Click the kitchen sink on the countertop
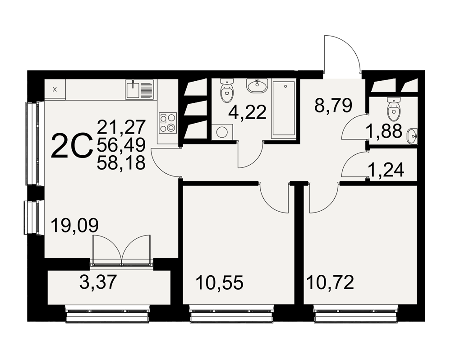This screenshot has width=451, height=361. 139,90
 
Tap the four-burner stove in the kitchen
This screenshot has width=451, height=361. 168,122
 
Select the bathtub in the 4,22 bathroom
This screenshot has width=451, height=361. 284,109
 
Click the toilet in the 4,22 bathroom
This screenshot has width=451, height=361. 227,90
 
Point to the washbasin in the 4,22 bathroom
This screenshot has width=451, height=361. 258,86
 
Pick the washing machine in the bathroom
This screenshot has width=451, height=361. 222,132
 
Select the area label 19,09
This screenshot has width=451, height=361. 75,225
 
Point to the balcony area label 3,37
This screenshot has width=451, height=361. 98,282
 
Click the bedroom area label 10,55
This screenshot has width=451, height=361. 220,282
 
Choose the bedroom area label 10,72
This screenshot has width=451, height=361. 330,282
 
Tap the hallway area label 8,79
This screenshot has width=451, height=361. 333,106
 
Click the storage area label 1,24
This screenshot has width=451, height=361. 386,170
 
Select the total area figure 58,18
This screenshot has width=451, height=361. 121,163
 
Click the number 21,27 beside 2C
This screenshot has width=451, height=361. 121,127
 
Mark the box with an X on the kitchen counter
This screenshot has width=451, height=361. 55,89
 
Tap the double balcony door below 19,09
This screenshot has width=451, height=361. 122,249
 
